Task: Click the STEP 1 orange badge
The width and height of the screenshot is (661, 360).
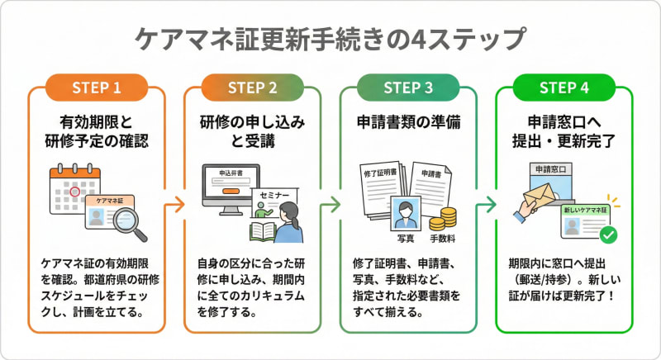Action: [97, 87]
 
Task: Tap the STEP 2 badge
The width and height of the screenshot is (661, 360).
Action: [252, 87]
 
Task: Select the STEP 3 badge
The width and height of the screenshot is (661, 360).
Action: [407, 87]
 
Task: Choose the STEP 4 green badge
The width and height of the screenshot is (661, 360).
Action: [564, 87]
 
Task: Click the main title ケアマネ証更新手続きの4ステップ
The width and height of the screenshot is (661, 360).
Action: [330, 39]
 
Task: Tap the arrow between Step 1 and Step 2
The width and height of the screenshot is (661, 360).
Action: [174, 203]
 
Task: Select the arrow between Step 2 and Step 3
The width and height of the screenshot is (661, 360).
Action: [330, 203]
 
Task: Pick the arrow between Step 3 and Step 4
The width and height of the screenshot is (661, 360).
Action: [487, 203]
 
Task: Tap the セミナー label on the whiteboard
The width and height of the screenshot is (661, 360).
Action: [275, 196]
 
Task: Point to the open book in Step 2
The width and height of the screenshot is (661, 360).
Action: [263, 230]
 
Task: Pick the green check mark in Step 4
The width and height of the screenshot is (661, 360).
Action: [610, 235]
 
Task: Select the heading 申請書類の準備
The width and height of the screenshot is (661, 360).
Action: [407, 121]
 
